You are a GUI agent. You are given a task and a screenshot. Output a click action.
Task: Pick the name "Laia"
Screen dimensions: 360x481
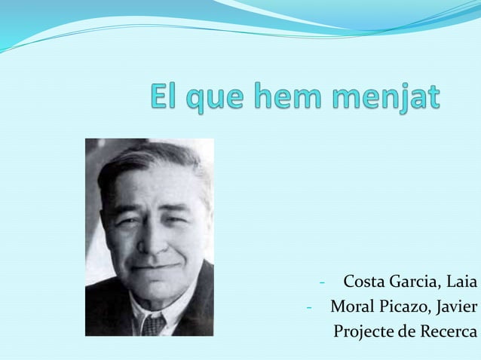tap(461, 282)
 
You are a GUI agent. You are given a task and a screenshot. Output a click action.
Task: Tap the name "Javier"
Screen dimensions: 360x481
tap(457, 307)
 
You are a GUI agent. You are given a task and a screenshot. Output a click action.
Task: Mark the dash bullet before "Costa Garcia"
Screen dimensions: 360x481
tap(322, 283)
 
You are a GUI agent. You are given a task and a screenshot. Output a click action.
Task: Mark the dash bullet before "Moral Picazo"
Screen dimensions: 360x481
tap(309, 307)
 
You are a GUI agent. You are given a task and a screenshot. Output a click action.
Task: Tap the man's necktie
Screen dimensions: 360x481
tap(154, 325)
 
